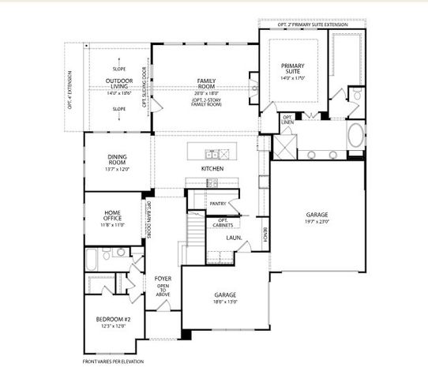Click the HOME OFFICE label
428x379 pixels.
[115, 216]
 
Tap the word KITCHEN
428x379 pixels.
[212, 170]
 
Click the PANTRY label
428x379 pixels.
[218, 204]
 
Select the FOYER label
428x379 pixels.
[163, 278]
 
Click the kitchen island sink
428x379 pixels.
[212, 152]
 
